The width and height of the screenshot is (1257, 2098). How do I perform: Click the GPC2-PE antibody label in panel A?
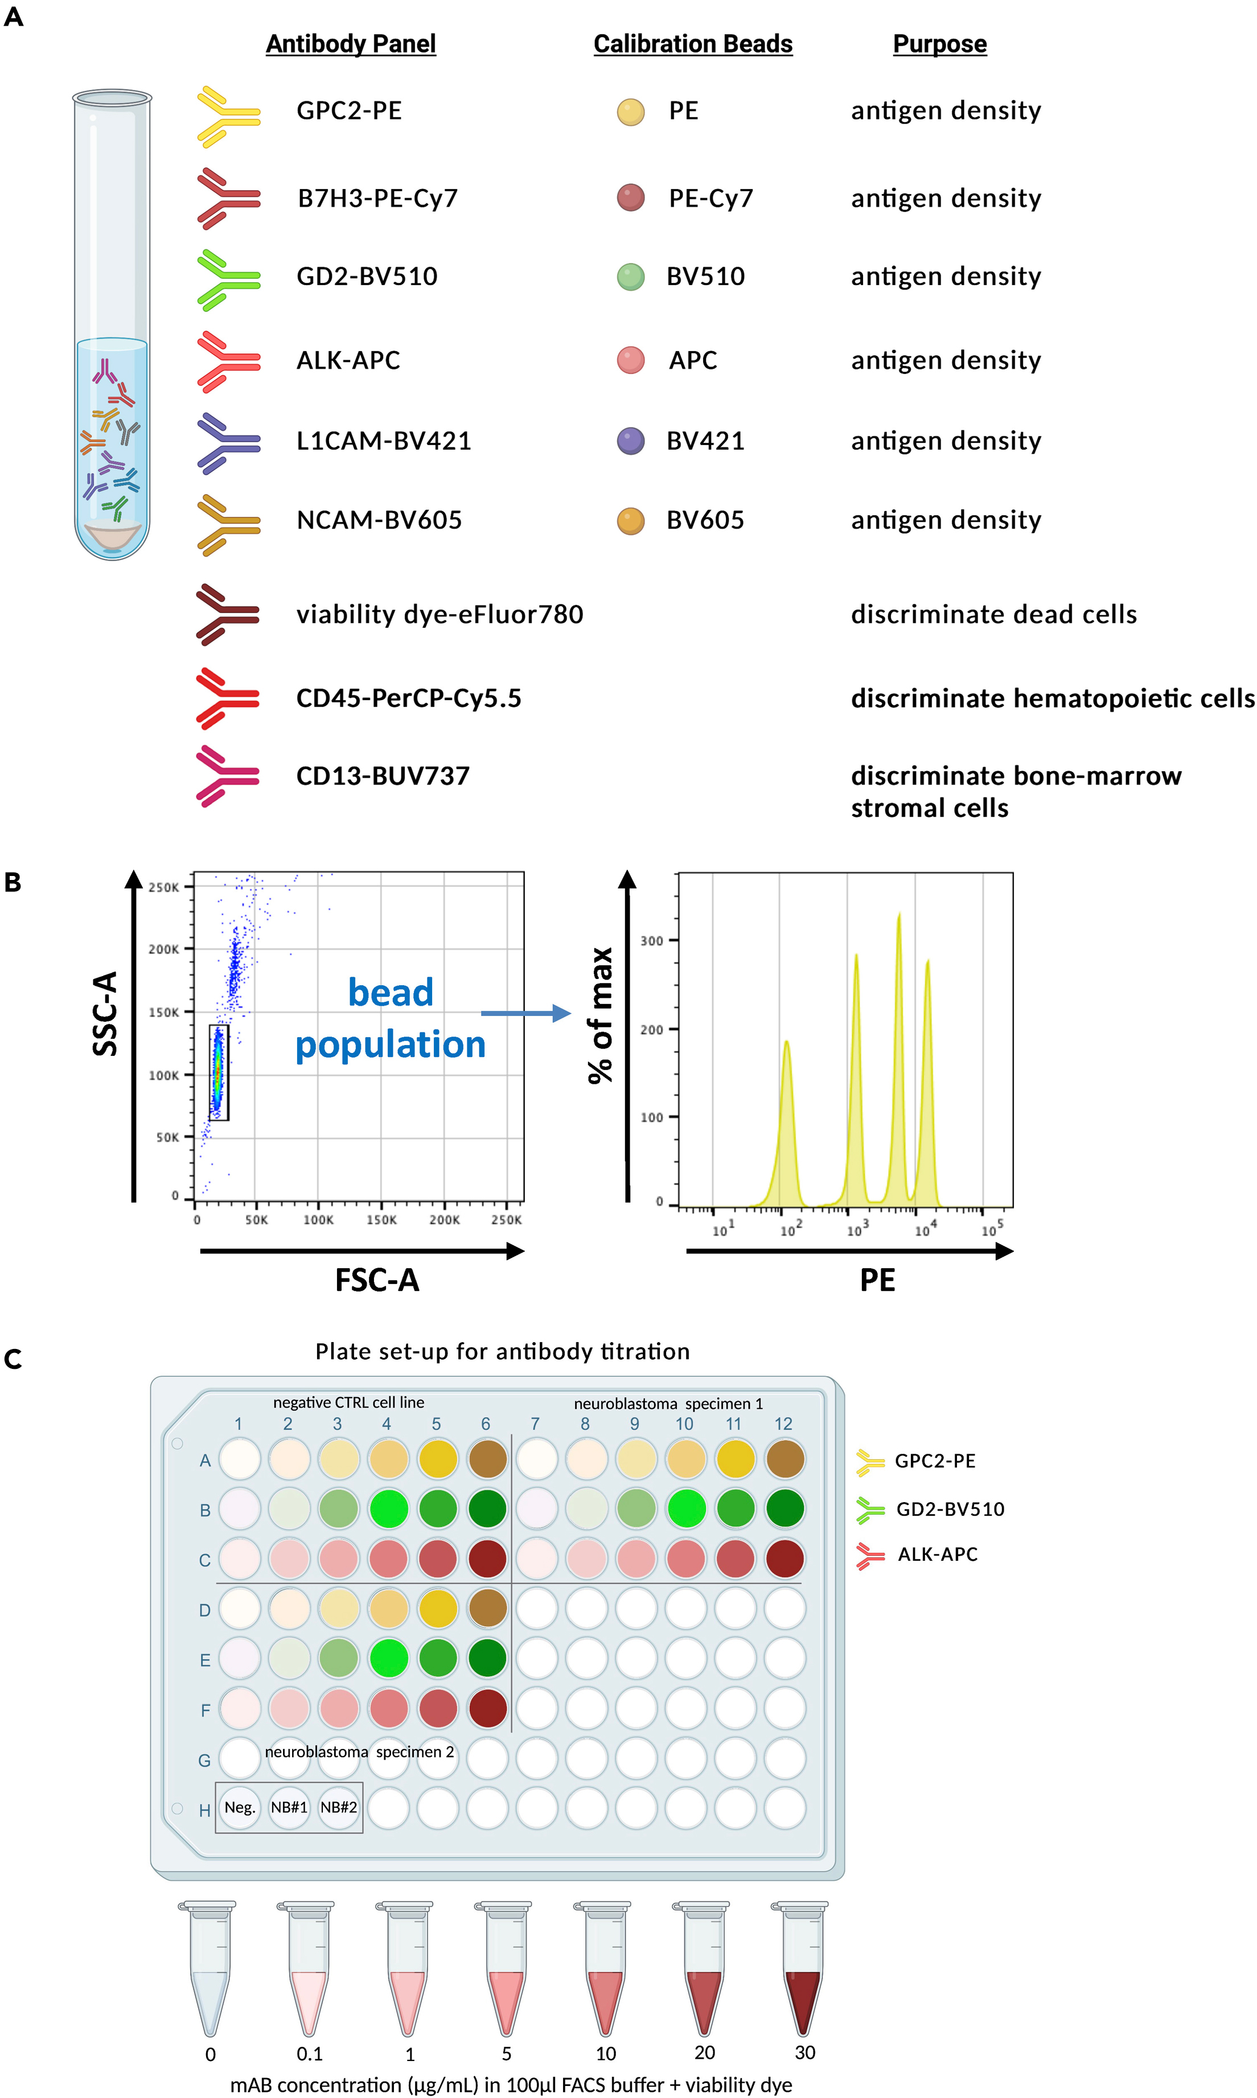[x=349, y=111]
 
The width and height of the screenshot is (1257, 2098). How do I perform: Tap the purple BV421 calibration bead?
[x=630, y=441]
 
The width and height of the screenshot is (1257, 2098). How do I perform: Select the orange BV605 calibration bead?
[x=630, y=521]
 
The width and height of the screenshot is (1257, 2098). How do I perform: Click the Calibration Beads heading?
[x=692, y=44]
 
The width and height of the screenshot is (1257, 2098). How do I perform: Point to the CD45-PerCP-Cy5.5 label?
[x=408, y=698]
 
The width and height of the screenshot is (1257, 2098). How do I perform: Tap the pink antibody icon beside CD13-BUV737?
[x=227, y=776]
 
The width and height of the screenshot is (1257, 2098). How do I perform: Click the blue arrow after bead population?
[x=525, y=1014]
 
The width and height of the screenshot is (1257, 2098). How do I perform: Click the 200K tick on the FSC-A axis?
[x=444, y=1220]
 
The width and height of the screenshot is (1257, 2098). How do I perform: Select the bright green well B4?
[x=388, y=1508]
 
